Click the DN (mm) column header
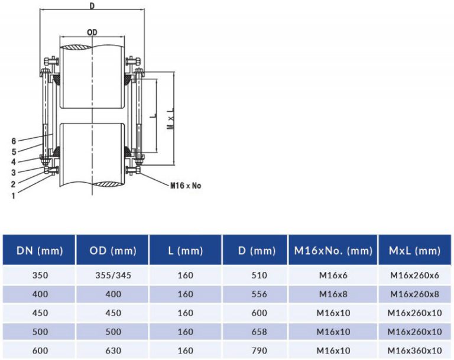[38, 251]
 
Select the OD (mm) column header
[112, 251]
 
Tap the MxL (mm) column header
[415, 251]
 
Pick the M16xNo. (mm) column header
[332, 251]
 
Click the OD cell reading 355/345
[112, 275]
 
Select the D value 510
[259, 275]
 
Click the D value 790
[259, 351]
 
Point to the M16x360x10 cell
[415, 351]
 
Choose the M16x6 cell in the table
[332, 275]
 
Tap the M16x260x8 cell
[415, 294]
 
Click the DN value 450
[38, 313]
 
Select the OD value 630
[112, 351]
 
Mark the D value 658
[259, 332]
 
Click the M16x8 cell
[332, 294]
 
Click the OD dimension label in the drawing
[92, 32]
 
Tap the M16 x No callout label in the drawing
[186, 186]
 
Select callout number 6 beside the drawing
[13, 141]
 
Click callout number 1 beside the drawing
[13, 194]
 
